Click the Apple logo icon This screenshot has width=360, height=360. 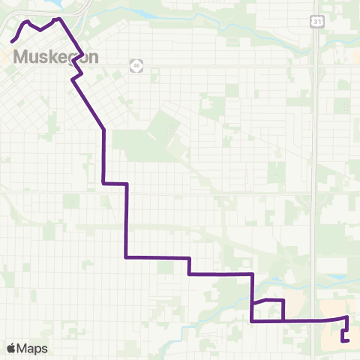coord(10,348)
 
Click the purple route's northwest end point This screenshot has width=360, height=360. coord(12,40)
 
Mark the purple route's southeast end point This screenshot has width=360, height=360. coord(349,341)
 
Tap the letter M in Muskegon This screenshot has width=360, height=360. coord(21,57)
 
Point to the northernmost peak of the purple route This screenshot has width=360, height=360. coord(58,17)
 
